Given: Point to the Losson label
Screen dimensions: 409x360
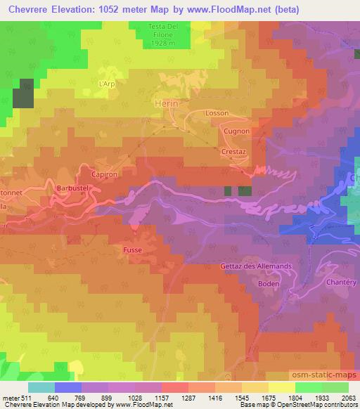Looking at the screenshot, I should pos(217,112).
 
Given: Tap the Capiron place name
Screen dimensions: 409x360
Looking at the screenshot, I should pos(103,172).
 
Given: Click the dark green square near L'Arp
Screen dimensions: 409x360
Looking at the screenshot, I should pos(23,98).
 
